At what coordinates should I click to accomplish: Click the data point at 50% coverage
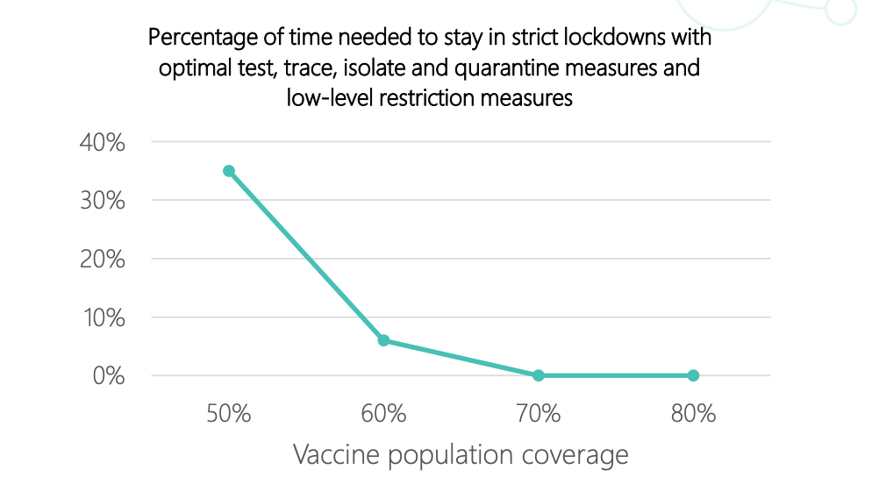(x=229, y=171)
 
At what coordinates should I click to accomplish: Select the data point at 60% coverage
(x=383, y=340)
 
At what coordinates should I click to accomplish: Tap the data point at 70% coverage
(x=539, y=375)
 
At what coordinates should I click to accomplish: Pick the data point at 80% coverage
(x=693, y=375)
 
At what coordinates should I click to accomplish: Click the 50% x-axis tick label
(x=229, y=414)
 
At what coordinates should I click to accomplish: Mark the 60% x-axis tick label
(x=383, y=414)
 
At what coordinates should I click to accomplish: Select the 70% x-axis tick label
(x=539, y=414)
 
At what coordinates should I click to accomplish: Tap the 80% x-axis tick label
(x=693, y=414)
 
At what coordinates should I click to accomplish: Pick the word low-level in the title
(x=324, y=97)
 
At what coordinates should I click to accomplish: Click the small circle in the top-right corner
(x=841, y=10)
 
